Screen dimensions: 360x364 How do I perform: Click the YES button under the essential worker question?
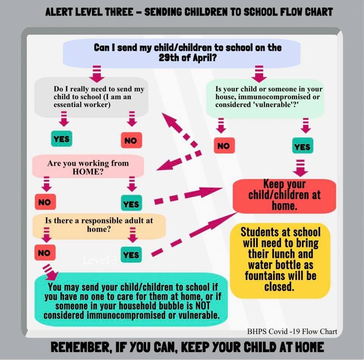click(62, 139)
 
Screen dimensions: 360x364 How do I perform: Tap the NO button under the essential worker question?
click(131, 140)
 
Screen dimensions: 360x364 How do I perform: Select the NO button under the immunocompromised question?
click(224, 146)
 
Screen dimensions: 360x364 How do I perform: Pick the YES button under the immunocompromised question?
click(302, 146)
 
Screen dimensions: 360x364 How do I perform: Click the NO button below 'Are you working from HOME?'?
click(45, 201)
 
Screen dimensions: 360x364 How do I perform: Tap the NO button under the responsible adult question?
click(44, 253)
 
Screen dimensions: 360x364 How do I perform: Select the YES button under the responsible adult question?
click(131, 255)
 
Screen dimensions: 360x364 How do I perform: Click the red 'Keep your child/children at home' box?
click(284, 195)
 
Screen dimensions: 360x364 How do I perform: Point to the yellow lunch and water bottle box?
click(281, 259)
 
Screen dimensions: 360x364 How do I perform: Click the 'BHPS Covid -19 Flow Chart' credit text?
click(292, 332)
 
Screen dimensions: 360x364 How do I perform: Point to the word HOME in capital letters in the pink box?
click(86, 172)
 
